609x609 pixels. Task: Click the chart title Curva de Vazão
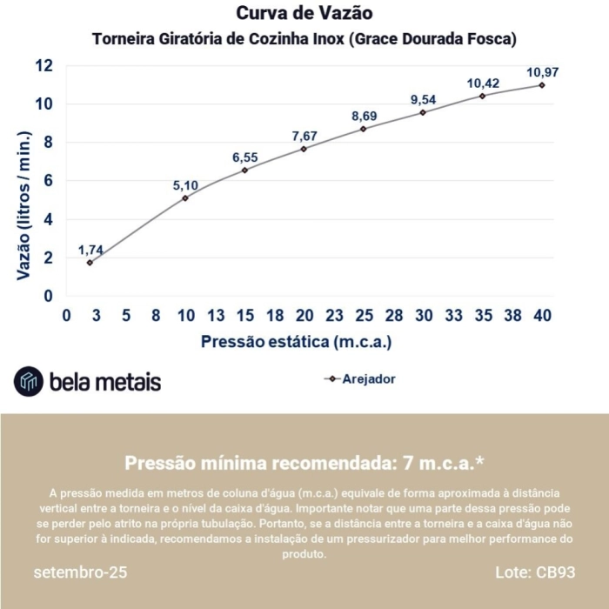[304, 14]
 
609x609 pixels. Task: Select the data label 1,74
[90, 250]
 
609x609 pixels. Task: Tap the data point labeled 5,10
[185, 198]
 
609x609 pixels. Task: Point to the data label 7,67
[305, 136]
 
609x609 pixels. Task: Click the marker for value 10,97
[541, 84]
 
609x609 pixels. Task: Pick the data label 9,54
[424, 99]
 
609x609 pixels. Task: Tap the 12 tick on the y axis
[43, 66]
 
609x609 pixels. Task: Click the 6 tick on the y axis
[48, 181]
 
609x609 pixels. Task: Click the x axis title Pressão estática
[296, 342]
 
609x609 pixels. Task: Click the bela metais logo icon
[29, 381]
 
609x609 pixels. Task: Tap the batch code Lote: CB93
[534, 573]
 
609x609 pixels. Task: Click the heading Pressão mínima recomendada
[304, 462]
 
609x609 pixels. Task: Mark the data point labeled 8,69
[364, 129]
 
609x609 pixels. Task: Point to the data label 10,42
[483, 84]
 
